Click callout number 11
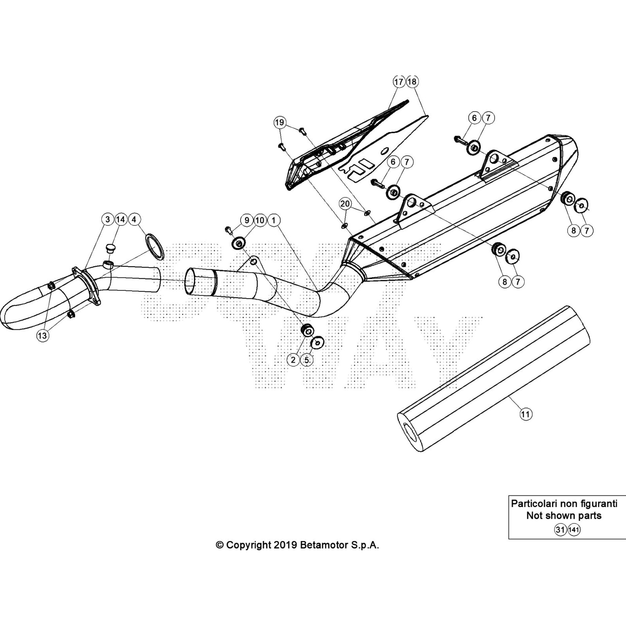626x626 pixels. [525, 414]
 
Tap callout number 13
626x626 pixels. [42, 335]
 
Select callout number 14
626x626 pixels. [121, 219]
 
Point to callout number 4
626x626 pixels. [134, 219]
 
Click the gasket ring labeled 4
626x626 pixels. [154, 246]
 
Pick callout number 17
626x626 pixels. [398, 82]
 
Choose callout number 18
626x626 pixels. [412, 82]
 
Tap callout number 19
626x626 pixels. [279, 122]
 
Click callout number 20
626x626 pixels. [345, 204]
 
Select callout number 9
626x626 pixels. [246, 220]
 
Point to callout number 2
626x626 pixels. [293, 360]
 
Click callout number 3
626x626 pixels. [107, 219]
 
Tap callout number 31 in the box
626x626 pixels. [560, 530]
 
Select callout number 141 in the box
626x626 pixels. [574, 530]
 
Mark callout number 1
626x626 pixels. [273, 220]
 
